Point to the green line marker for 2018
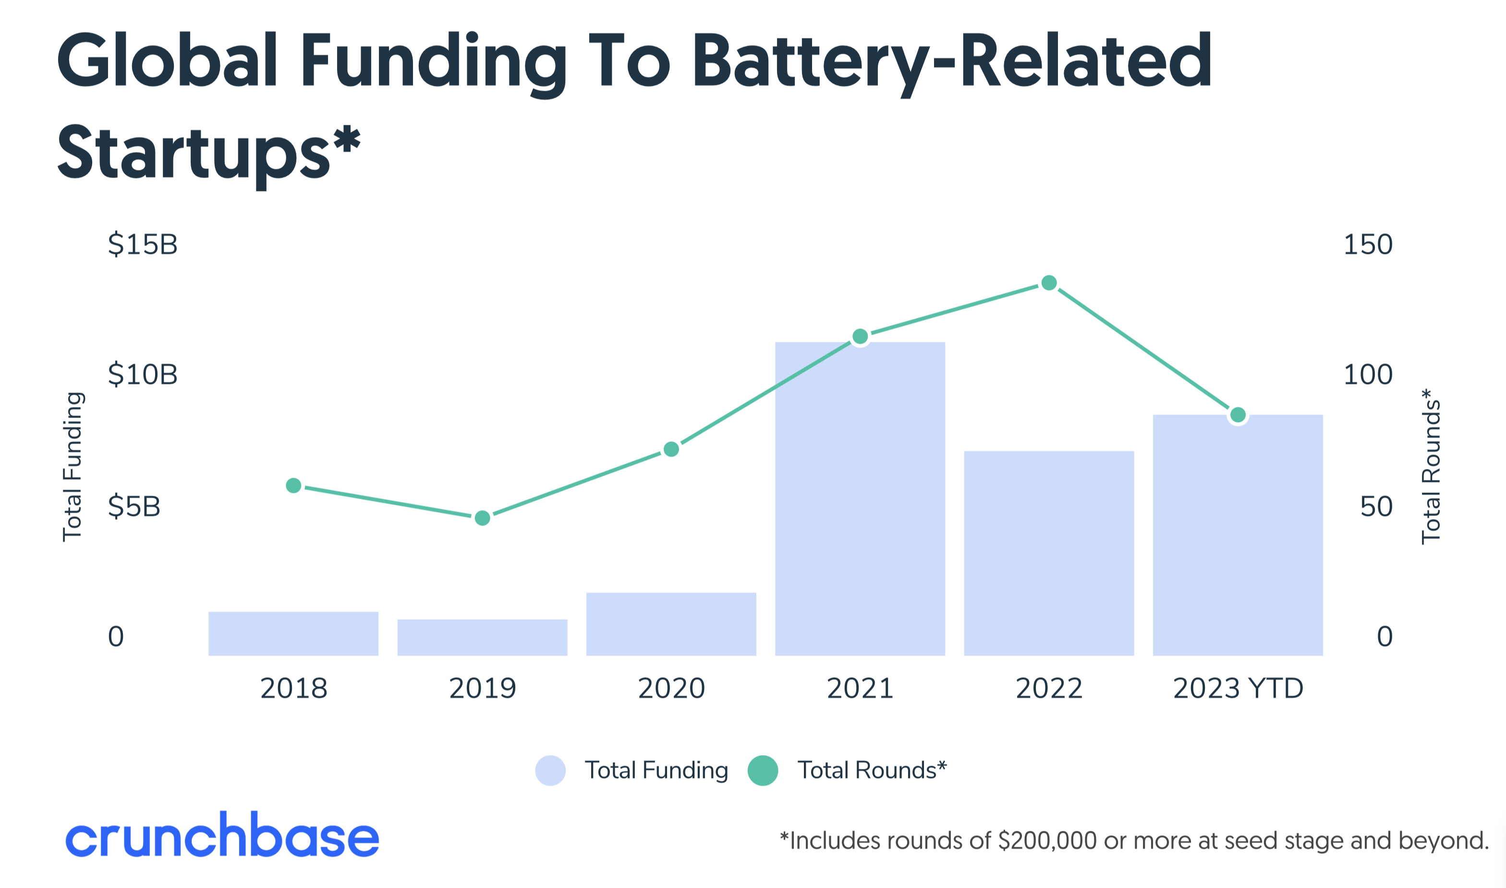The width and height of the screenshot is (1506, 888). pyautogui.click(x=293, y=485)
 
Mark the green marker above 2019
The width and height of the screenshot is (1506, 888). pyautogui.click(x=482, y=517)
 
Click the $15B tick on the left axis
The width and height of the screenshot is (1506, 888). pyautogui.click(x=143, y=245)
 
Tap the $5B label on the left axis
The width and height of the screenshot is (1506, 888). pyautogui.click(x=134, y=507)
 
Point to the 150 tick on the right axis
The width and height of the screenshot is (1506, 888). pyautogui.click(x=1368, y=245)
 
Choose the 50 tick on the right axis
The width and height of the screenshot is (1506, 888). pyautogui.click(x=1375, y=507)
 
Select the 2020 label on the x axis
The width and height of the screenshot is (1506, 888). pyautogui.click(x=671, y=688)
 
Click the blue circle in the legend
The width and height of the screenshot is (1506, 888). pyautogui.click(x=550, y=770)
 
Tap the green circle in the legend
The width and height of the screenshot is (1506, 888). pyautogui.click(x=763, y=770)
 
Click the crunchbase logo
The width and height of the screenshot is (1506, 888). pyautogui.click(x=222, y=835)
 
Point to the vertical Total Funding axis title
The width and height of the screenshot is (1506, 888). pyautogui.click(x=73, y=467)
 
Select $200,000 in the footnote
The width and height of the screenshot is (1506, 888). pyautogui.click(x=1047, y=841)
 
